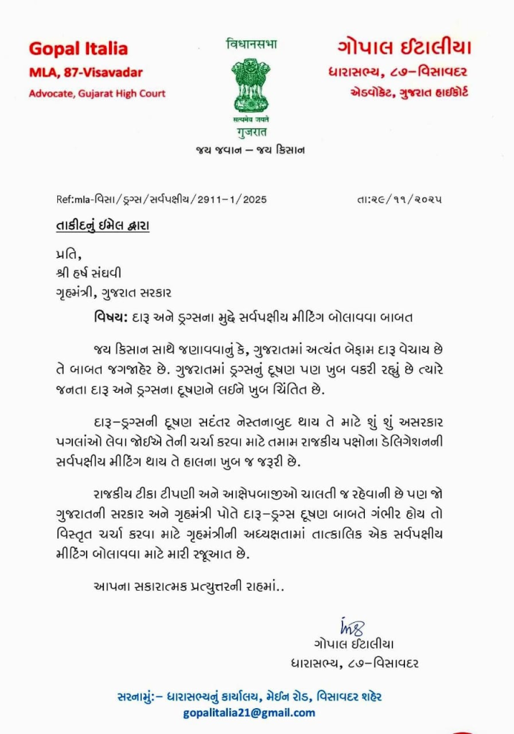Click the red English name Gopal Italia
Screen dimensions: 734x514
[78, 49]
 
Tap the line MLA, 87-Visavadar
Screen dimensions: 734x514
[85, 72]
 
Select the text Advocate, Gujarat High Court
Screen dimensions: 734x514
[97, 93]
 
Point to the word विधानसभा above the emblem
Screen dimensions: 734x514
[251, 44]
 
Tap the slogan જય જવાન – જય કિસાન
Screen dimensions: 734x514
[250, 150]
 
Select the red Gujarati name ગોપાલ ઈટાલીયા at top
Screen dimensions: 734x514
[404, 48]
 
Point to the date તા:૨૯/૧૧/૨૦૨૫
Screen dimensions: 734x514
[399, 200]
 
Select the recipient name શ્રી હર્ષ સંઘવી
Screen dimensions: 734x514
[90, 273]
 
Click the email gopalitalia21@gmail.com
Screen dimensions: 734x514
[249, 712]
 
